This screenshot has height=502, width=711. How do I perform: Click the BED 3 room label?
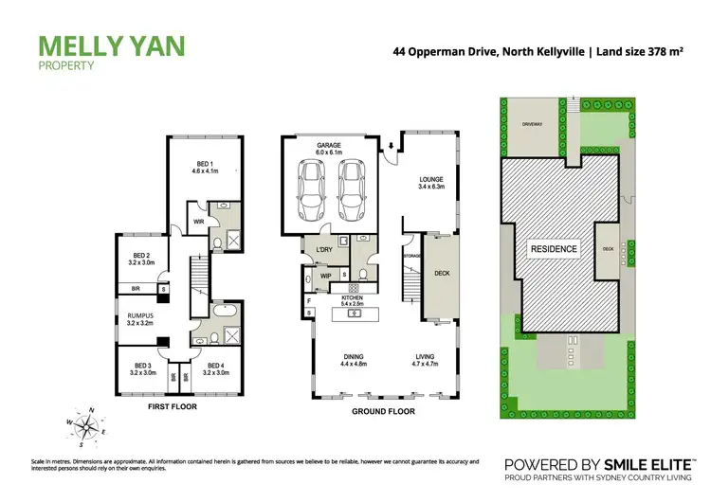click(x=142, y=368)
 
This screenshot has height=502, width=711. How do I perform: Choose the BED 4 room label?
click(x=215, y=368)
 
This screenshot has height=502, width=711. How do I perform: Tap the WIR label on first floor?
click(x=198, y=224)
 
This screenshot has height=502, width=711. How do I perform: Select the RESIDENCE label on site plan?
click(x=553, y=249)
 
